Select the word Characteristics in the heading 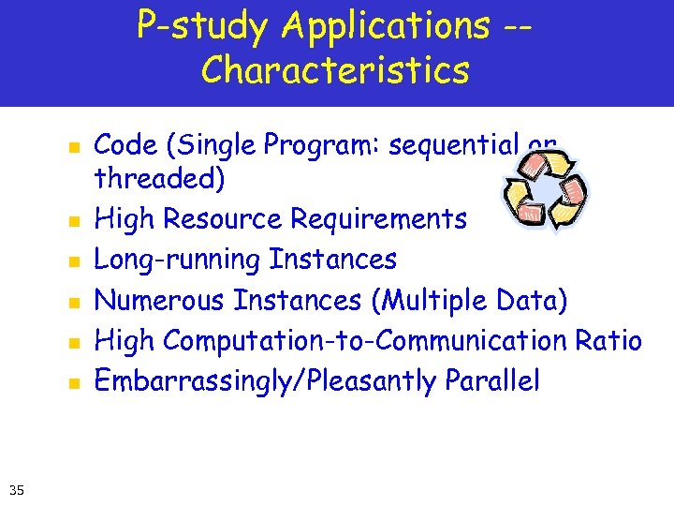tap(335, 70)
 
